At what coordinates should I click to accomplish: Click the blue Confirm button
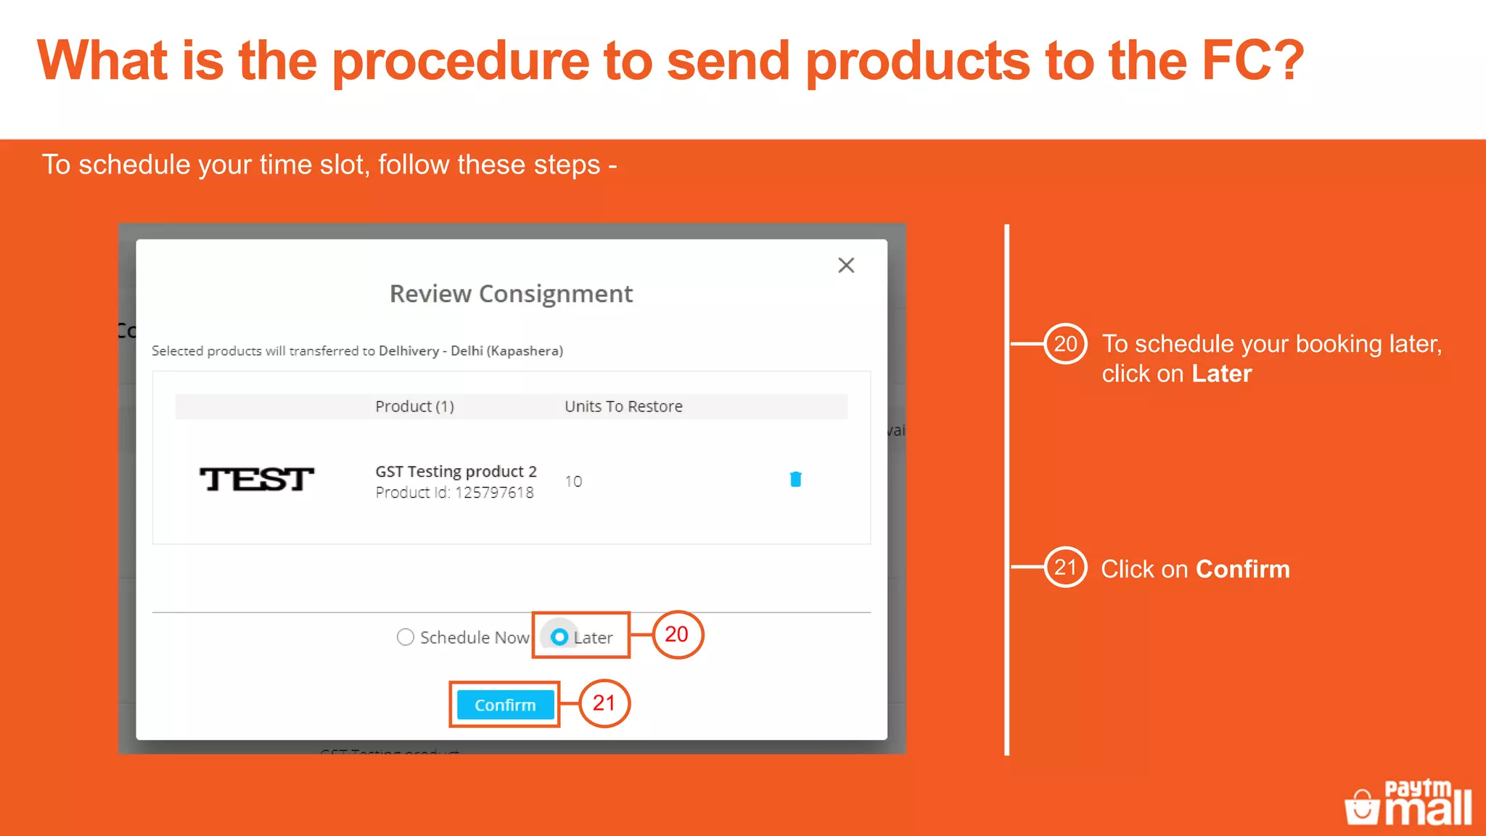click(505, 705)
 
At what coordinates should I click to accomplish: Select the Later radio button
click(559, 637)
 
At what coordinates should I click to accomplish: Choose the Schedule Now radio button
click(406, 637)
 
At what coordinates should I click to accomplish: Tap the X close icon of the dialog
click(846, 266)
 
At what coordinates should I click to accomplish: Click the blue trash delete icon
click(795, 479)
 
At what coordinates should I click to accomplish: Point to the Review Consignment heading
click(511, 294)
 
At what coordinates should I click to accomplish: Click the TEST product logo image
click(257, 480)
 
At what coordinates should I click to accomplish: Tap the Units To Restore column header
click(623, 406)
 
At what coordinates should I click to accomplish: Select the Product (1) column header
click(414, 406)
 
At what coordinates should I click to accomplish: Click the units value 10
click(573, 482)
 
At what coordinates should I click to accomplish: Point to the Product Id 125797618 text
click(454, 493)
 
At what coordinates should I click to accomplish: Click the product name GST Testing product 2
click(456, 472)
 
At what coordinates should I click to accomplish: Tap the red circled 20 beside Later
click(677, 634)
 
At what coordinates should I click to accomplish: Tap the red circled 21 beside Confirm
click(604, 703)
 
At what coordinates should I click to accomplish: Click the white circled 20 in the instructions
click(1065, 344)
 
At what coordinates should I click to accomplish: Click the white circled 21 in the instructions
click(1065, 567)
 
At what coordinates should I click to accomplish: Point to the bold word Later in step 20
click(1221, 374)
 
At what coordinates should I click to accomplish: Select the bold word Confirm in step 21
click(1242, 570)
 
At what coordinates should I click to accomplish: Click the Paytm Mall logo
click(1408, 803)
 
